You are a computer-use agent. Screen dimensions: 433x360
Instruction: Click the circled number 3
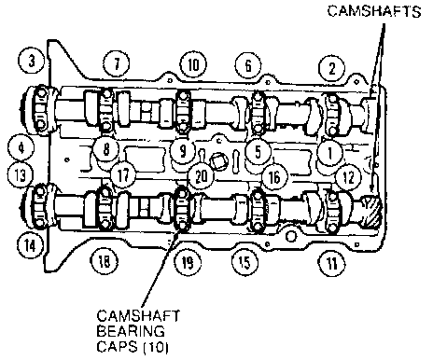click(x=32, y=61)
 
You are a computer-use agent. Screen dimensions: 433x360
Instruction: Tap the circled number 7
click(x=117, y=64)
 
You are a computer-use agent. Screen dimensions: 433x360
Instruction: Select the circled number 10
click(x=193, y=65)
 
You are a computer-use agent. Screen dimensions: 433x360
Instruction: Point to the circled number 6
click(x=248, y=65)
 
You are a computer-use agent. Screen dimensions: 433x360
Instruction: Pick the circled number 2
click(x=331, y=68)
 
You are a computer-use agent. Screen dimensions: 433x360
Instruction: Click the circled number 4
click(x=21, y=147)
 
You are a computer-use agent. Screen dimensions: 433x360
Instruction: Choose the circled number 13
click(x=21, y=174)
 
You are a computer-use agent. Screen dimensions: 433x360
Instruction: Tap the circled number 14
click(x=30, y=245)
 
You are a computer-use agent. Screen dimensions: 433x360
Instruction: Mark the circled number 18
click(x=104, y=260)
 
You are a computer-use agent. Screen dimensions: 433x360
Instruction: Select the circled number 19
click(x=187, y=262)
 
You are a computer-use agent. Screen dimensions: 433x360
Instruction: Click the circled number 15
click(x=244, y=262)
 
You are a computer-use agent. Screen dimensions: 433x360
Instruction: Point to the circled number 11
click(x=332, y=263)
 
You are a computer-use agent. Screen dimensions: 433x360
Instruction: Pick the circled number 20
click(x=202, y=176)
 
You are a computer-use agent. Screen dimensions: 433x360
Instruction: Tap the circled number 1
click(x=330, y=152)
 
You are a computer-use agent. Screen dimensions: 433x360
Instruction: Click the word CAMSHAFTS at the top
click(x=374, y=11)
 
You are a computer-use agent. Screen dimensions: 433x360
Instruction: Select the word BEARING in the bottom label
click(x=131, y=331)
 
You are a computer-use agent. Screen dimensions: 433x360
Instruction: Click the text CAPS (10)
click(x=133, y=346)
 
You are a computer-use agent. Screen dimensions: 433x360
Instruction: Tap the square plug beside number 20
click(x=219, y=161)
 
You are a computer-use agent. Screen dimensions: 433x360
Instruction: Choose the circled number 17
click(x=123, y=175)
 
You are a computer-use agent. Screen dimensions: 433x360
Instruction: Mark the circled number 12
click(x=348, y=177)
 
